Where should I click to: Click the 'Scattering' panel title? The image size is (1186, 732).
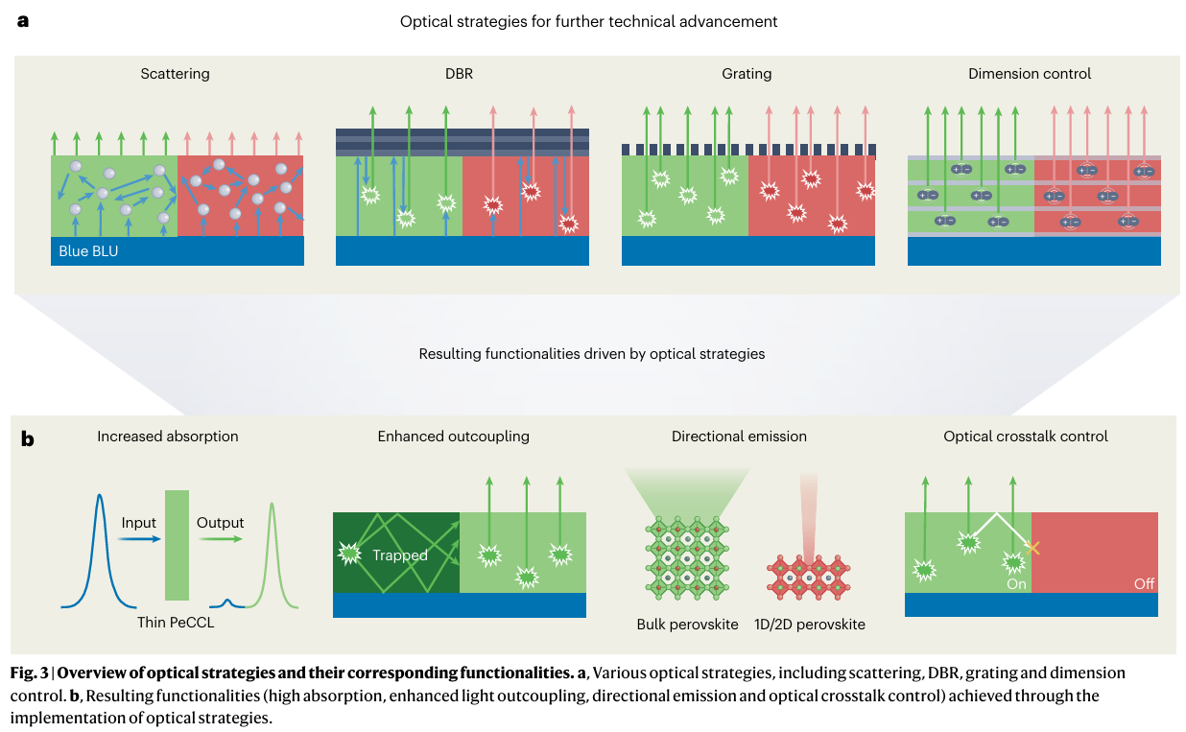coord(175,74)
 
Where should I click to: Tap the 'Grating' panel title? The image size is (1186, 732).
coord(747,74)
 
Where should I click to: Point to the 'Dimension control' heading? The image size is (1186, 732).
coord(1030,74)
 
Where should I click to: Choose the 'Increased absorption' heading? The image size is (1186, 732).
coord(167,437)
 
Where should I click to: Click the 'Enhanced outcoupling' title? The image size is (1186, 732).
coord(453,437)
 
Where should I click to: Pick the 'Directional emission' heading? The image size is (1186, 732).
coord(739,437)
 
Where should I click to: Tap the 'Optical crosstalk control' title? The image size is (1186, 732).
coord(1026,437)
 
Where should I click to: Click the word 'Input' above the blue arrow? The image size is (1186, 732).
coord(138,523)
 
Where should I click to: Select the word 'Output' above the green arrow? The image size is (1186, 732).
coord(220,523)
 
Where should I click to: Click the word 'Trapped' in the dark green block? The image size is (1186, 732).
coord(401,555)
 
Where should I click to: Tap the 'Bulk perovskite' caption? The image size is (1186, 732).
coord(687,625)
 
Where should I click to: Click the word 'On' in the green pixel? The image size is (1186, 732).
coord(1015,582)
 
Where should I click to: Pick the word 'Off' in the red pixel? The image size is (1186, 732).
coord(1144,582)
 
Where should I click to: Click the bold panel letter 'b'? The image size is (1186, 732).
coord(28,439)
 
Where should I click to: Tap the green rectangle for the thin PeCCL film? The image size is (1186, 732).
coord(177,545)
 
